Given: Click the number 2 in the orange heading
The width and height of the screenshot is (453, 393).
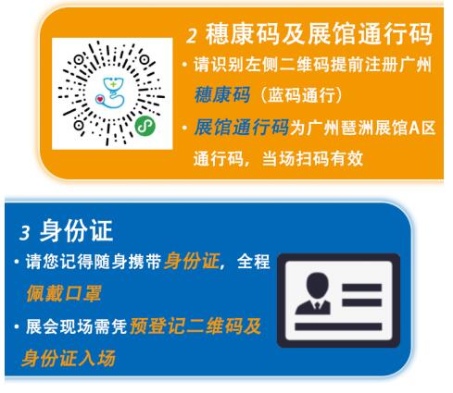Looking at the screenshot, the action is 192,36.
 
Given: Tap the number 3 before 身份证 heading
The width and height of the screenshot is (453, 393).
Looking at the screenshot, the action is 25,232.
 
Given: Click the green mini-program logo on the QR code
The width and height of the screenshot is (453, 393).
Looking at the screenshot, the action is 145,126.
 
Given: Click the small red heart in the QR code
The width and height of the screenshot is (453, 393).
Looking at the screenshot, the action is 100,99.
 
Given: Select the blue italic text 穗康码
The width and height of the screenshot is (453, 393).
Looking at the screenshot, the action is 222,94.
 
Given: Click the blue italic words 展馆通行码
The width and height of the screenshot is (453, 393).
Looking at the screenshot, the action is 242,127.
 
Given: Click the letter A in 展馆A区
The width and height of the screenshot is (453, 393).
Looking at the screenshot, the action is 415,128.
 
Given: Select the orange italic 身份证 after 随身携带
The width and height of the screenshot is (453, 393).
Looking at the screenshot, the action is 192,262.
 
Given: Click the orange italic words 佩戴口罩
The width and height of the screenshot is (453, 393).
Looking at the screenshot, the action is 64,293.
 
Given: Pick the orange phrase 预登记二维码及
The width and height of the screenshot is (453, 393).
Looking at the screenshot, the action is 195,325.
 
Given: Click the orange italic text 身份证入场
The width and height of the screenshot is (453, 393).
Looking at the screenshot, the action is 69,358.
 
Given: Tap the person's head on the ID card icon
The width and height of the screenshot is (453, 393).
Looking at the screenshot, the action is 317,285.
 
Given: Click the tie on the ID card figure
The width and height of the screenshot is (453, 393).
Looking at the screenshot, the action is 317,305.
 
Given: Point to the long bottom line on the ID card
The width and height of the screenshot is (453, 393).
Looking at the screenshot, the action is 338,326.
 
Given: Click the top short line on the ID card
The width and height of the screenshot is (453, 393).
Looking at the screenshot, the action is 361,288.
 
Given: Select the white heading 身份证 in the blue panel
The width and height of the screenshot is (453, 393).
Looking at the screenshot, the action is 76,230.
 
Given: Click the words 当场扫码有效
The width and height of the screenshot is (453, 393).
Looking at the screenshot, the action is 312,159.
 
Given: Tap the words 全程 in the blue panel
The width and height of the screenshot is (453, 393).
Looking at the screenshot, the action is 254,262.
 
